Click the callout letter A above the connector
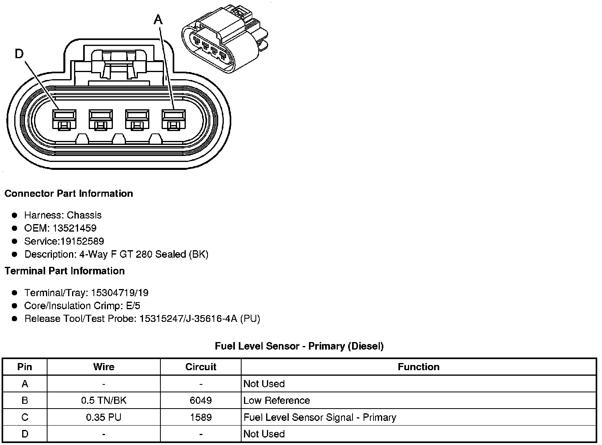coord(158,19)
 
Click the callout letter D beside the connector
coord(19,53)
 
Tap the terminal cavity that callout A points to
coord(173,119)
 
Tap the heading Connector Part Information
coord(69,194)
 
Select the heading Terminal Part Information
coord(65,271)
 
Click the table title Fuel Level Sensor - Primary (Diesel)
coord(299,346)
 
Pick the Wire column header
coord(104,367)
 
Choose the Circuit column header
coord(201,367)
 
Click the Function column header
coord(419,367)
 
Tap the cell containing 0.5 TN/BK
coord(104,400)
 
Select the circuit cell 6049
coord(201,400)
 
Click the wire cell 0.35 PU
coord(104,417)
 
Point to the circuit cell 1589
coord(201,417)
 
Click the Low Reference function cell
coord(276,400)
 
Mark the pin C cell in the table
coord(25,417)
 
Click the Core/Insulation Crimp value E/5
coord(132,306)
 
